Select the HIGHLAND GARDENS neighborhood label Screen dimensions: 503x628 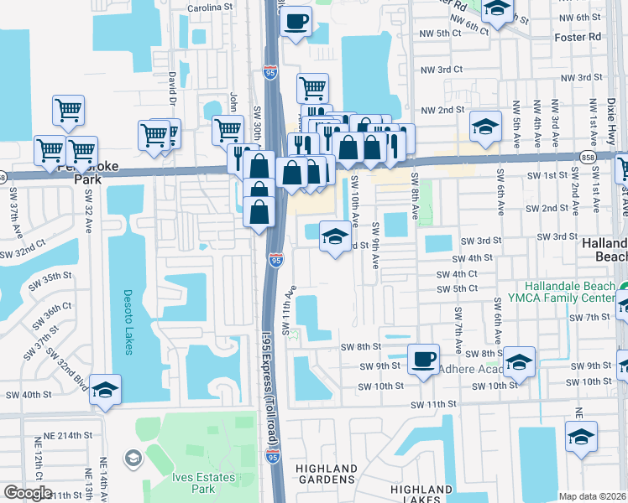pyautogui.click(x=327, y=474)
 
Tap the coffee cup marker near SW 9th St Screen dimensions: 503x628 pyautogui.click(x=423, y=360)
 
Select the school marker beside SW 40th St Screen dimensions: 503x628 pyautogui.click(x=106, y=390)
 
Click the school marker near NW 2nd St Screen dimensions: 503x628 pyautogui.click(x=484, y=127)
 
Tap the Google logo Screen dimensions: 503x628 pyautogui.click(x=28, y=493)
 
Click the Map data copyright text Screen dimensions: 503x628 pyautogui.click(x=593, y=496)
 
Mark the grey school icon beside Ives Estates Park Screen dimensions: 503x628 pyautogui.click(x=133, y=458)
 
